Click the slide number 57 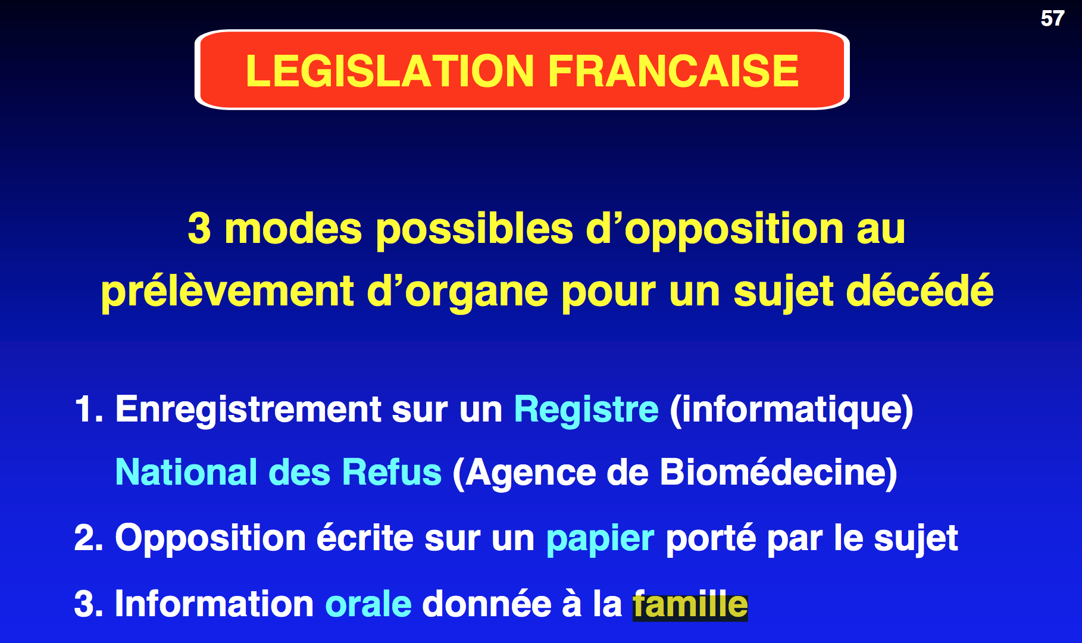1052,18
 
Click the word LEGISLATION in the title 390,71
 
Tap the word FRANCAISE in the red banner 673,71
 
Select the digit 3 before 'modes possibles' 199,229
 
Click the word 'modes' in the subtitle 293,229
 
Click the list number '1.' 89,410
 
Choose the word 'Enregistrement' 248,411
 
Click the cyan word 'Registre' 586,411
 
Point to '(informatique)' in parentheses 792,411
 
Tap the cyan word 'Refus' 392,473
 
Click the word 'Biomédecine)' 778,473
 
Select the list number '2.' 89,538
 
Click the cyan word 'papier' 600,540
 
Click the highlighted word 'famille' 690,604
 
